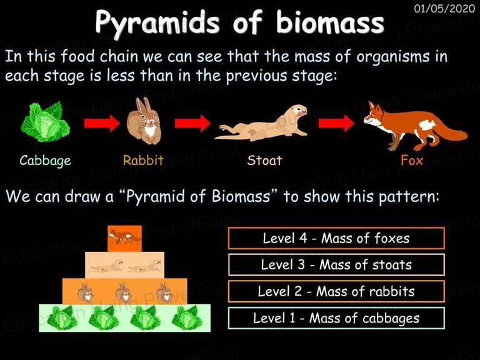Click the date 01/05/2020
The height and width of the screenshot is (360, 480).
click(444, 8)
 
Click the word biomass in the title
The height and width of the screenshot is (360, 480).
click(330, 22)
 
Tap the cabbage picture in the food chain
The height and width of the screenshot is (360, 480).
click(45, 122)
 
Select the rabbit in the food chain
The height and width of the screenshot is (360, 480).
click(144, 121)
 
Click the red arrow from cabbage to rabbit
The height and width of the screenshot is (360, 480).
click(102, 123)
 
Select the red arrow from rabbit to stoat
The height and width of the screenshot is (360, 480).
click(192, 123)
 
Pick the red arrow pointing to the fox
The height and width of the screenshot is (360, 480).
click(336, 123)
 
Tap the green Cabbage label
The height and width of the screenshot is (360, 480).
click(45, 161)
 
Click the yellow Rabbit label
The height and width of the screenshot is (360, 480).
click(143, 160)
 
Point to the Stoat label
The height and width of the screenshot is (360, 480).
click(264, 160)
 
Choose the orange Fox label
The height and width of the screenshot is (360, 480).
click(412, 160)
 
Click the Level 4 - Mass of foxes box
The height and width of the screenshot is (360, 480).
click(336, 238)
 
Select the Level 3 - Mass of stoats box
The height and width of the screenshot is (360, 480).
click(336, 265)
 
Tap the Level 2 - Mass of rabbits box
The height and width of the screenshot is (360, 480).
click(336, 291)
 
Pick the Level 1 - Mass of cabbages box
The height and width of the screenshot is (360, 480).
click(336, 318)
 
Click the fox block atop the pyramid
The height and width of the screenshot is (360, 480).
click(124, 239)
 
